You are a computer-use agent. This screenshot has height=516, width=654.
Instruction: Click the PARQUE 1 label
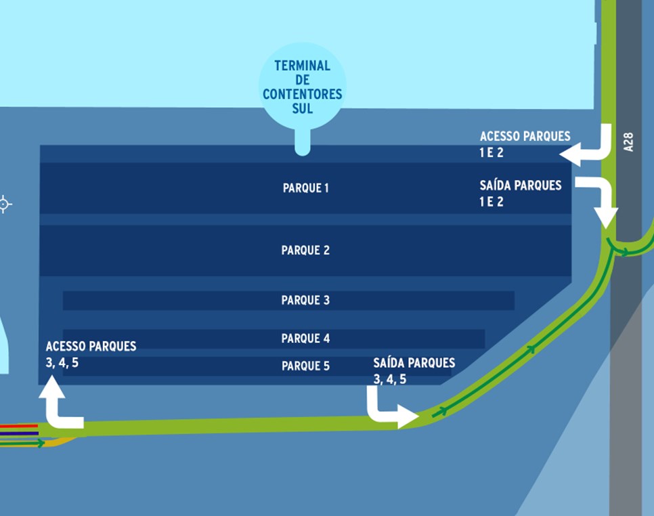point(306,188)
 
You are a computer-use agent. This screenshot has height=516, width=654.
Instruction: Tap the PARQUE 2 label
point(305,251)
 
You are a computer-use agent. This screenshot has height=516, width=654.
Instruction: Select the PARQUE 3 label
point(305,300)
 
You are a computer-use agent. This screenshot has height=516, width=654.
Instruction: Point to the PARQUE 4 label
point(305,339)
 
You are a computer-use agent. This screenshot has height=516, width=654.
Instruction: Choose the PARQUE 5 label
point(305,366)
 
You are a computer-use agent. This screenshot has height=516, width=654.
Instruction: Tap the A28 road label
point(628,141)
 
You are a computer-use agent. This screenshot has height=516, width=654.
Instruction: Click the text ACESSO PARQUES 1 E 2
point(525,144)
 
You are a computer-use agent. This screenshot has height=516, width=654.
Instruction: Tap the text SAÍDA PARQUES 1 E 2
point(520,193)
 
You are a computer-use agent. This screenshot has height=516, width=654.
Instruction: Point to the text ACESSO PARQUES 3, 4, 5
point(91,354)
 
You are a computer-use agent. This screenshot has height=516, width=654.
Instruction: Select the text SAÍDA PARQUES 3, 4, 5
point(414,370)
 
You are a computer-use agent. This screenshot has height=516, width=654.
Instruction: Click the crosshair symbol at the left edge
point(4,204)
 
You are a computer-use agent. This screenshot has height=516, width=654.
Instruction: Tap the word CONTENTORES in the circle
point(303,94)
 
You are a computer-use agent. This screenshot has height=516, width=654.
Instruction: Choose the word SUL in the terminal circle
point(303,108)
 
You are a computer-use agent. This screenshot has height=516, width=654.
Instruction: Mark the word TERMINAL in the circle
point(303,66)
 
